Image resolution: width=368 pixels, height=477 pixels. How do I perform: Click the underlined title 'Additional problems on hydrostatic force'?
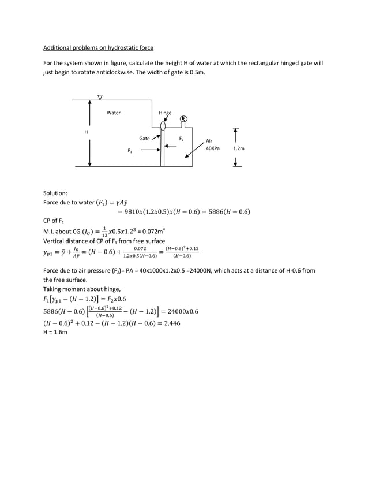(x=98, y=47)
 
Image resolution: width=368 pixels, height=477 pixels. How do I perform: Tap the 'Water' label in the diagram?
(x=114, y=113)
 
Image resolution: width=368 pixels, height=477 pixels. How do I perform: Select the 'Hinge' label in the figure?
(x=165, y=113)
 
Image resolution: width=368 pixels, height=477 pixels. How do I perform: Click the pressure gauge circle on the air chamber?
(x=183, y=120)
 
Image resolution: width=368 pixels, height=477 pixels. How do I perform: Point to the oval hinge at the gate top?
(x=163, y=125)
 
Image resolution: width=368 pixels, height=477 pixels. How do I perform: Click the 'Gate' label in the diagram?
(x=144, y=139)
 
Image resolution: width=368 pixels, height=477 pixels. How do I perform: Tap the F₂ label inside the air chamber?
(x=181, y=139)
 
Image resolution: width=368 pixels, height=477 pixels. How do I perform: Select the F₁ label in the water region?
(x=130, y=151)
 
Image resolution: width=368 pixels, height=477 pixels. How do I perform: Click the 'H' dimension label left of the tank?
(x=87, y=133)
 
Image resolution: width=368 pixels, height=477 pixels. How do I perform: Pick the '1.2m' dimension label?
(x=238, y=148)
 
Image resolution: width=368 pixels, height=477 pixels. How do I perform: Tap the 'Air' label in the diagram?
(x=209, y=140)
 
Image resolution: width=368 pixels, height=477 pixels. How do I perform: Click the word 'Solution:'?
(x=55, y=193)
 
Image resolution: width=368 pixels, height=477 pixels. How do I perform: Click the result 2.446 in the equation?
(x=170, y=323)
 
